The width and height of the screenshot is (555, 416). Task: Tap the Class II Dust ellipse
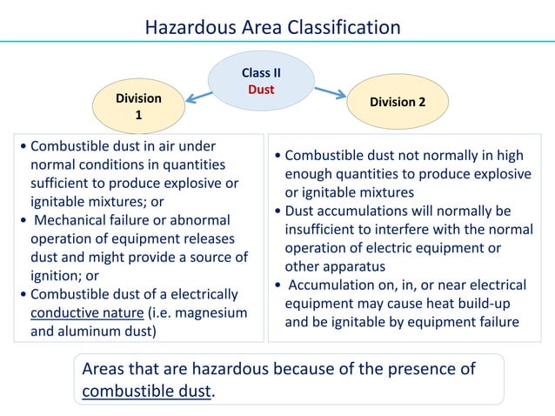pos(261,81)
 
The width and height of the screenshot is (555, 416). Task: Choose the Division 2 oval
pos(398,102)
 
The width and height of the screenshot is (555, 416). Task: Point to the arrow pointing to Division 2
pos(331,91)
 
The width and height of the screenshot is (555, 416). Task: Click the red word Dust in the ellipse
pos(261,89)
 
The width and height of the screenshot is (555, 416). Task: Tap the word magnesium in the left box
pos(206,312)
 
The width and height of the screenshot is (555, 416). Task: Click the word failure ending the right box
pos(497,322)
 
